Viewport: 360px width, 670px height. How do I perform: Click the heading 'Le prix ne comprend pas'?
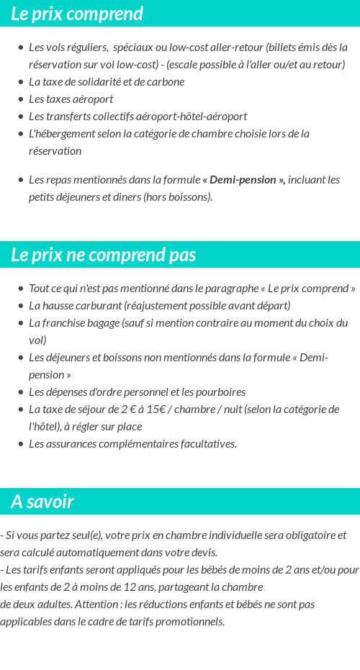pyautogui.click(x=103, y=255)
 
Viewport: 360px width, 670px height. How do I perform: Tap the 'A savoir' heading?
pyautogui.click(x=42, y=502)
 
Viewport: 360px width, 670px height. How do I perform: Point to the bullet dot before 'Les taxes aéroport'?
pyautogui.click(x=21, y=99)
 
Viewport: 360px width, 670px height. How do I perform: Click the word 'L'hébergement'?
pyautogui.click(x=61, y=133)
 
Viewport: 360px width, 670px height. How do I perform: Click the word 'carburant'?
pyautogui.click(x=98, y=305)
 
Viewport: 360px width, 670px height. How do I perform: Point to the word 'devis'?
pyautogui.click(x=202, y=552)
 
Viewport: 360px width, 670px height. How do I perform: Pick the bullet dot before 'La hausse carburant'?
pyautogui.click(x=21, y=306)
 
